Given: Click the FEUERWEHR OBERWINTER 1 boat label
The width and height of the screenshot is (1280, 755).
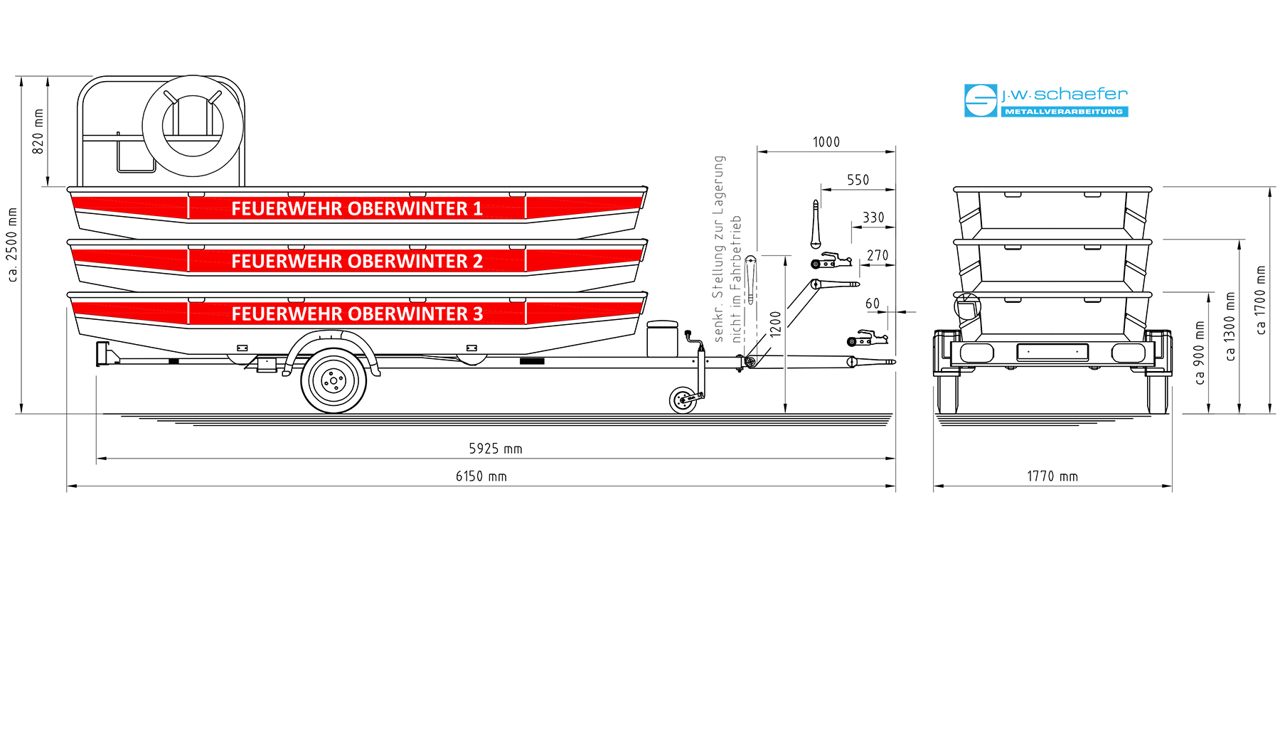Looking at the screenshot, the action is click(357, 208).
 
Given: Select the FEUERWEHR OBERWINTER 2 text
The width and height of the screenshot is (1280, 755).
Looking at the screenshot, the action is click(357, 261).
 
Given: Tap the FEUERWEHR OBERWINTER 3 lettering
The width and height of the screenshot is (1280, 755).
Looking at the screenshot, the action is click(357, 314).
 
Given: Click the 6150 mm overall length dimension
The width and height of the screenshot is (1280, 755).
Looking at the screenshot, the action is click(481, 476).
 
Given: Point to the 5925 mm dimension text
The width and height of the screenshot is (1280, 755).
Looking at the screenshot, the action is click(496, 449).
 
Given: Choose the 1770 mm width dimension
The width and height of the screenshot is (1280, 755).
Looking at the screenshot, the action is click(1052, 476).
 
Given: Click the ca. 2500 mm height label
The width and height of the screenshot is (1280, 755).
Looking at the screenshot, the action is click(13, 245).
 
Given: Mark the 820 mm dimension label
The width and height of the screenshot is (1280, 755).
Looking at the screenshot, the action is click(38, 131).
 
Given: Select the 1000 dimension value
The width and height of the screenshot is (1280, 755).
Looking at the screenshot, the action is click(826, 142).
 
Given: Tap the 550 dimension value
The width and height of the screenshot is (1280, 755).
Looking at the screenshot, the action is click(858, 180).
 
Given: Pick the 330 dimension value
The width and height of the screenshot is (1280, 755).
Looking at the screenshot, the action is click(874, 218).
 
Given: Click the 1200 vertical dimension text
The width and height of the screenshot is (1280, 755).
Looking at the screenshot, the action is click(776, 323).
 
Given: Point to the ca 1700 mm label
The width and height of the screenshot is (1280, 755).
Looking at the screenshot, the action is click(1261, 300).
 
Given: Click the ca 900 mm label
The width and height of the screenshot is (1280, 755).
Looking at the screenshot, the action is click(1200, 353).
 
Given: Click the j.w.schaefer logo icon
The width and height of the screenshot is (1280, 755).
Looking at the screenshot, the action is click(981, 100).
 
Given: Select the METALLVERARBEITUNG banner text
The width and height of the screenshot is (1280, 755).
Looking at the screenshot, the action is click(1064, 112).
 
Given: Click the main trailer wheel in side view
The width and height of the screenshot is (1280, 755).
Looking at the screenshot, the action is click(334, 381).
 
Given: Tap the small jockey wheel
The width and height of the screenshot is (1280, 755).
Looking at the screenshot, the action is click(683, 400).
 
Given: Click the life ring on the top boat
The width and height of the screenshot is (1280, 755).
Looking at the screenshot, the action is click(193, 126).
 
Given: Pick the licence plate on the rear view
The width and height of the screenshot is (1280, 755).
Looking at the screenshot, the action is click(1052, 352).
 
